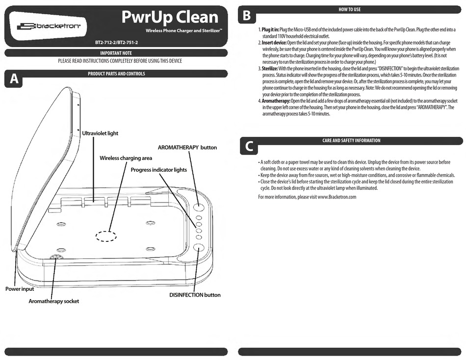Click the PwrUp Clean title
(170, 17)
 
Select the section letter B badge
(247, 16)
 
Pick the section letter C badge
(249, 146)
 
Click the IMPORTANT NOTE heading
(116, 52)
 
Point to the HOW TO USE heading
(350, 9)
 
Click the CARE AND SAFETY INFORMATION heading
(351, 140)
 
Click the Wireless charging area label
(126, 158)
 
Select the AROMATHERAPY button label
(187, 147)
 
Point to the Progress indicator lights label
(158, 169)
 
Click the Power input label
(20, 289)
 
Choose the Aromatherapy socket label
(53, 301)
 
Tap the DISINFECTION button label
(195, 295)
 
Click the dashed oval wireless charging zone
(106, 235)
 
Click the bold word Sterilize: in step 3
(270, 69)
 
